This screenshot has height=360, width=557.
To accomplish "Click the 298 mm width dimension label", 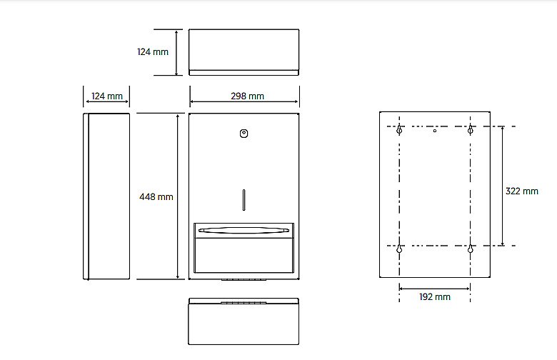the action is tap(247, 96).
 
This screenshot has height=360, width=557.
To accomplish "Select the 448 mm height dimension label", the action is tap(156, 196).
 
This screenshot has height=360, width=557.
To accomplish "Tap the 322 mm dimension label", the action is tap(521, 191).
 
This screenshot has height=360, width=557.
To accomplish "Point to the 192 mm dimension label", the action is tap(435, 296).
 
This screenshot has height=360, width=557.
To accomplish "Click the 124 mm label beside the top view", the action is tap(153, 52).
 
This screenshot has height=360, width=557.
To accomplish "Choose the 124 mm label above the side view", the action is tap(107, 96).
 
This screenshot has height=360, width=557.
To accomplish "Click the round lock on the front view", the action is tap(244, 134).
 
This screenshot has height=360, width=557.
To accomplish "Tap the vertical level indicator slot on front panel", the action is tap(244, 200).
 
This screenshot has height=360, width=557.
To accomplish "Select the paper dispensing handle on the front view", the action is tap(244, 230).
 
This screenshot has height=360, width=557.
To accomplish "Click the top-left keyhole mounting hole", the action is tap(399, 130).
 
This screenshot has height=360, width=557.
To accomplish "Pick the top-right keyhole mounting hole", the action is tap(471, 130).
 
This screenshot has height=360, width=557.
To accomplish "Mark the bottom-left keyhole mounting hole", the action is tap(399, 249).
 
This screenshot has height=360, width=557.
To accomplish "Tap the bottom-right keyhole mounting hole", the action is tap(471, 249).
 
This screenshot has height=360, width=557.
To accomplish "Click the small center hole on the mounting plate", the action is tap(435, 131).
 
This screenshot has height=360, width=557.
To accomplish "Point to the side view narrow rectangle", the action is tap(106, 196).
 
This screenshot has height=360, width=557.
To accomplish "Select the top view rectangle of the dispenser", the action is tap(244, 52).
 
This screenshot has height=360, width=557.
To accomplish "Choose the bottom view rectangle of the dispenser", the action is tap(244, 321).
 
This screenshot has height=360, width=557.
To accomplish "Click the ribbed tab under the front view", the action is tap(244, 280).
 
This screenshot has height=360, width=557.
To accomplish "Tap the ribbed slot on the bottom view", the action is tap(244, 303).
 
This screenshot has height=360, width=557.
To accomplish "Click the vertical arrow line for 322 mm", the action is tap(502, 186).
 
